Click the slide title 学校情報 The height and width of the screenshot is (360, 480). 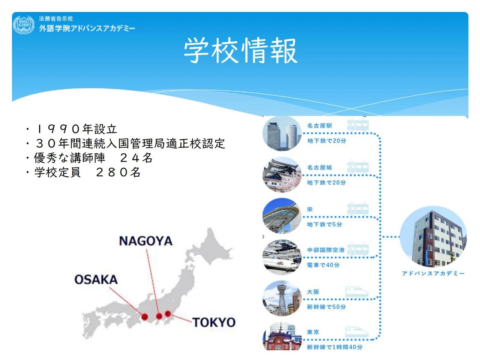click(240, 50)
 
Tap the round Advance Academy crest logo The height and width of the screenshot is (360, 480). click(24, 25)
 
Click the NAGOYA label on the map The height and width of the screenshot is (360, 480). click(146, 241)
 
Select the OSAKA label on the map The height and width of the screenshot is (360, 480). click(96, 279)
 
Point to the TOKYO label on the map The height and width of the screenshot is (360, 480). click(214, 322)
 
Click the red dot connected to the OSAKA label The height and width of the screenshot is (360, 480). click(144, 316)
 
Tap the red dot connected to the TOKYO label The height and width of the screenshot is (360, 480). click(168, 313)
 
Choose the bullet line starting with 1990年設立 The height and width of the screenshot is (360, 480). click(71, 129)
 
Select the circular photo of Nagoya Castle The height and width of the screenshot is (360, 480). click(282, 175)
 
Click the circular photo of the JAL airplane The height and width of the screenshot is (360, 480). click(282, 257)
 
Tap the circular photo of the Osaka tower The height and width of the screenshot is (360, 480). click(282, 298)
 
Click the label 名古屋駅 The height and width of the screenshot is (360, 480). click(319, 126)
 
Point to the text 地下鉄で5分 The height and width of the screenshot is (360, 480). click(324, 224)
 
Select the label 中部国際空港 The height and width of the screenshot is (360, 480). click(326, 250)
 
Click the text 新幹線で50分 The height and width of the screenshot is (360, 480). click(326, 307)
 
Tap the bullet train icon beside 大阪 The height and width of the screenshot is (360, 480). click(357, 292)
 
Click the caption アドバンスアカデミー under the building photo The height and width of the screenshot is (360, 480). click(433, 273)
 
